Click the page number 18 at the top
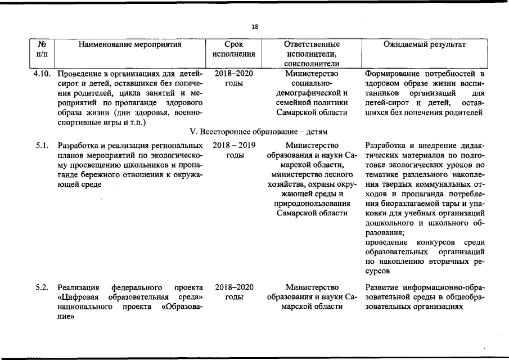coord(255,27)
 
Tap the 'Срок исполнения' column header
coord(234,49)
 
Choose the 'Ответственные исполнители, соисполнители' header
coord(312,54)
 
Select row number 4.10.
coord(42,74)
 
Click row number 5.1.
coord(41,146)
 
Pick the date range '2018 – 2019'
coord(234,146)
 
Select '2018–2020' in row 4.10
coord(234,74)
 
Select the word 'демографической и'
coord(312,93)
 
